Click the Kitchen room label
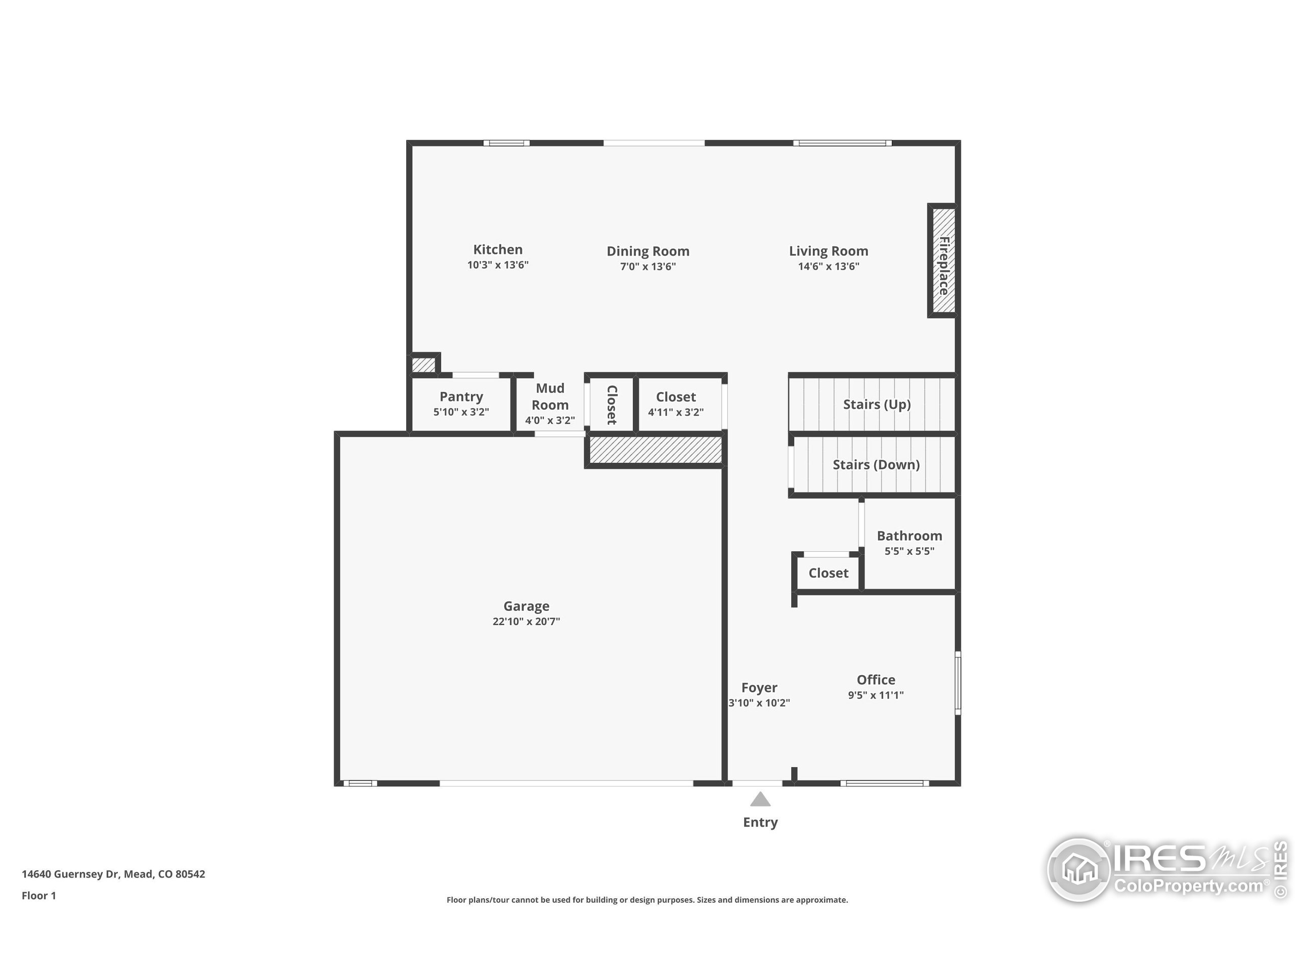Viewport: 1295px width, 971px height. [498, 249]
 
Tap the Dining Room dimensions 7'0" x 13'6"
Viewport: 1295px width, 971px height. [647, 267]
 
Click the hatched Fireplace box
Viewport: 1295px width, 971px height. [942, 261]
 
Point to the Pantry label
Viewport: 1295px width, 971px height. [461, 397]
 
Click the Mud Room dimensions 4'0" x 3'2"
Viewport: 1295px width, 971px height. [550, 420]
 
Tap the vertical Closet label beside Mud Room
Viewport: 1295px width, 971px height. [611, 405]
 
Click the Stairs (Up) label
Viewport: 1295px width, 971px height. [877, 405]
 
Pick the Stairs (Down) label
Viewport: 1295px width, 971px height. [876, 465]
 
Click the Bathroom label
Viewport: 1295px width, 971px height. [909, 536]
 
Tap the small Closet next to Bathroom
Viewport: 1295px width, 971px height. [828, 573]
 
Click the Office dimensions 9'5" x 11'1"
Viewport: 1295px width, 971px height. [875, 695]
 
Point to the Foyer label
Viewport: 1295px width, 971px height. [759, 688]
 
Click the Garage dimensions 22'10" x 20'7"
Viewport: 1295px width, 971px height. [526, 622]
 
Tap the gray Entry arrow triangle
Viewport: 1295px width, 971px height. [760, 800]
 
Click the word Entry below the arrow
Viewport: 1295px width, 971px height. [760, 822]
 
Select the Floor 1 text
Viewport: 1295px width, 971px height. [38, 896]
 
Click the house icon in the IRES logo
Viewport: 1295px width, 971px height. [1079, 869]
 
